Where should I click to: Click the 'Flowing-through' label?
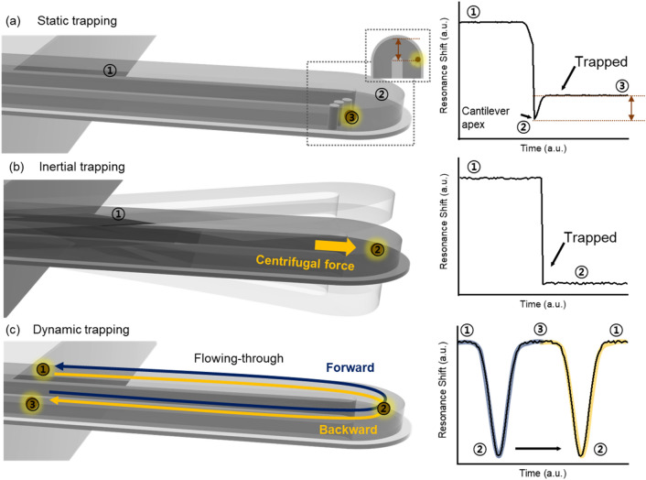[x=225, y=348]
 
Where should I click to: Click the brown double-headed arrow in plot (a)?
[x=630, y=109]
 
